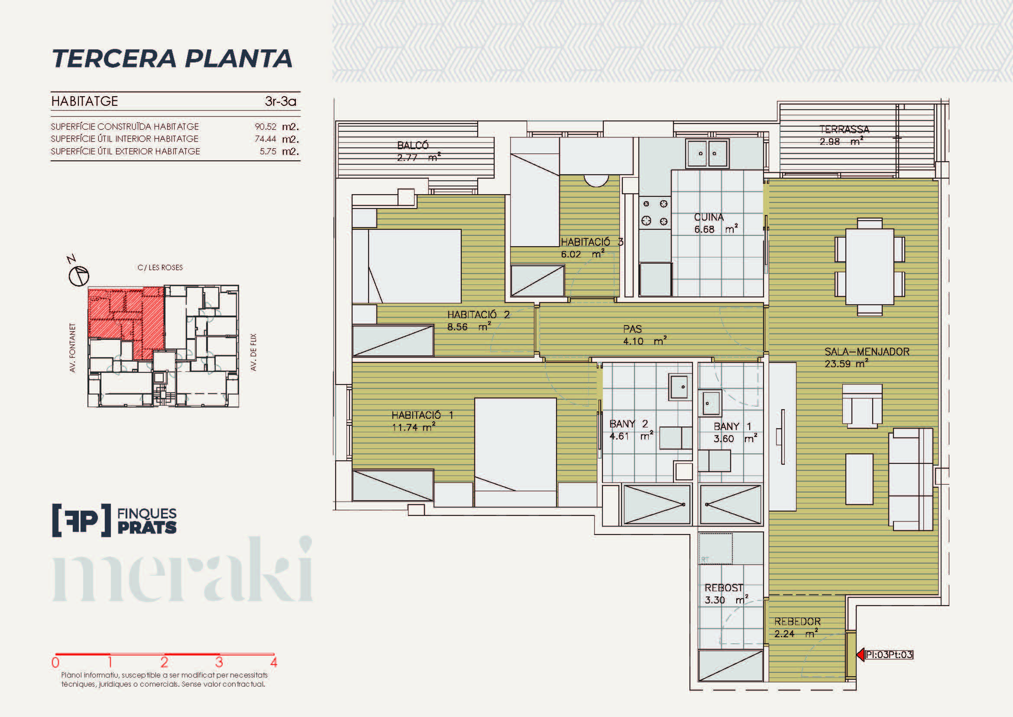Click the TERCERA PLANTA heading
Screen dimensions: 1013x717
coord(172,59)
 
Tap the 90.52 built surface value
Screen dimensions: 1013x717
coord(265,127)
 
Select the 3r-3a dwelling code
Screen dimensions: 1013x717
coord(281,101)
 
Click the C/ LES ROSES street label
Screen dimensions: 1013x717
coord(160,267)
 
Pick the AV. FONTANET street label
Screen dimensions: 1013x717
coord(73,348)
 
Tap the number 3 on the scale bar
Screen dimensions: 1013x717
coord(219,662)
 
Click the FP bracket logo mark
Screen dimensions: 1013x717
coord(81,520)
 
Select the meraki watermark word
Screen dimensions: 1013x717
coord(183,570)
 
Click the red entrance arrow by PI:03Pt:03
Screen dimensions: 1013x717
coord(861,654)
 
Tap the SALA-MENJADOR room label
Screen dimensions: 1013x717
coord(867,352)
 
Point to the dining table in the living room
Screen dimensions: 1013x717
coord(870,267)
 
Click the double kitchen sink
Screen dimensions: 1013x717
coord(707,153)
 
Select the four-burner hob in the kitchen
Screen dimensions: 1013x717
coord(655,212)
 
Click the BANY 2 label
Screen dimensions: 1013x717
coord(629,424)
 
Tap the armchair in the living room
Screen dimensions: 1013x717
coord(862,406)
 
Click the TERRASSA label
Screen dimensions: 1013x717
coord(845,129)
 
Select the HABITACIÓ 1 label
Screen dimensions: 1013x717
coord(422,415)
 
